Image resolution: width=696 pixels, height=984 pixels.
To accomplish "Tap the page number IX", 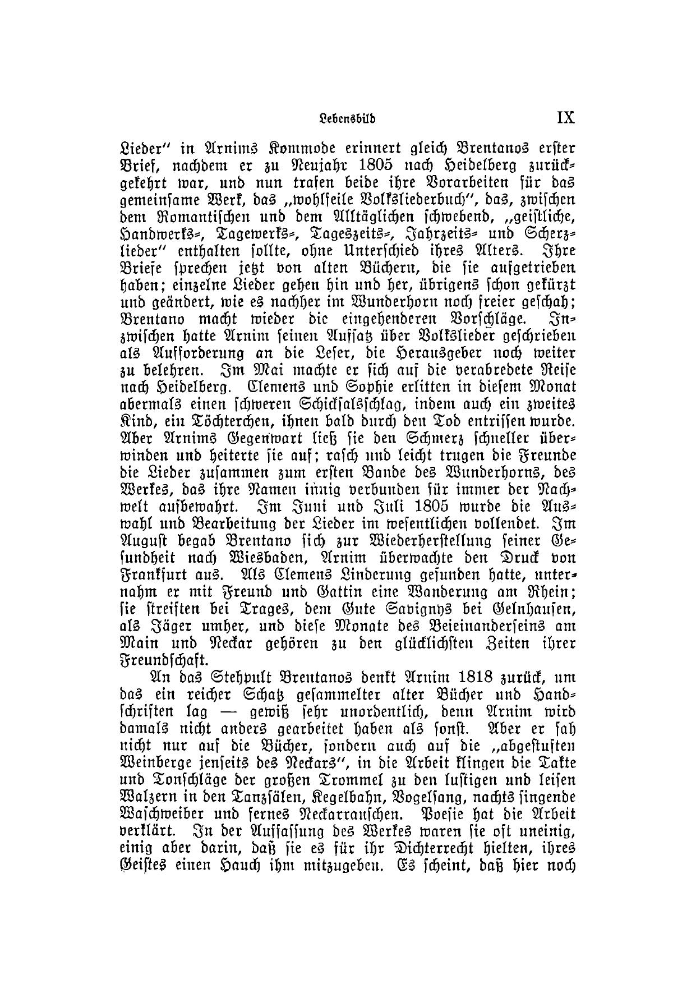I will [565, 119].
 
